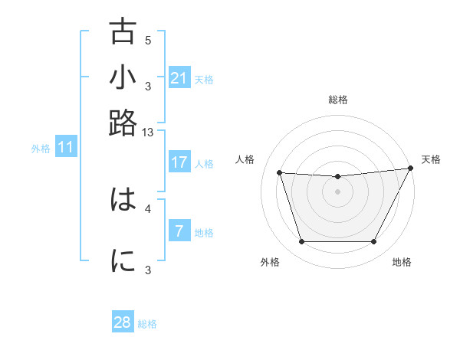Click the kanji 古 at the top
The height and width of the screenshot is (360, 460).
coord(123,32)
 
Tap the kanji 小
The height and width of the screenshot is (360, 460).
coord(123,78)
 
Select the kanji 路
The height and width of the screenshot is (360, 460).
coord(123,123)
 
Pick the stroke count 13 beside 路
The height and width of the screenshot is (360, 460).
coord(148,132)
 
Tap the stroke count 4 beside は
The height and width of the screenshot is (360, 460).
coord(148,208)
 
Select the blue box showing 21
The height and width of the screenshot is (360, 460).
coord(179,78)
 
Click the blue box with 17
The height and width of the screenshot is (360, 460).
coord(179,162)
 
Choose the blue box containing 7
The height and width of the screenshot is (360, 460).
coord(179,231)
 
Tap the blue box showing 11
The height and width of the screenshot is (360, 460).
coord(65,148)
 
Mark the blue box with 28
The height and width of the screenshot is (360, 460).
coord(123,322)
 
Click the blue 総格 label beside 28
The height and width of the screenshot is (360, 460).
coord(147,324)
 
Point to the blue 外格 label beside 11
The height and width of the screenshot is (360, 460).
coord(41,149)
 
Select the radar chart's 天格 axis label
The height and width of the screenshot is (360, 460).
coord(431,159)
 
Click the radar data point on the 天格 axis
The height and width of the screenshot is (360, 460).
coord(411,169)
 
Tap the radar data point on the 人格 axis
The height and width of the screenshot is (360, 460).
coord(280,173)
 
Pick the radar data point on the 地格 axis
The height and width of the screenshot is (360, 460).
coord(373,242)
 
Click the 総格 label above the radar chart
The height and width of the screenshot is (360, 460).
coord(337,100)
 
